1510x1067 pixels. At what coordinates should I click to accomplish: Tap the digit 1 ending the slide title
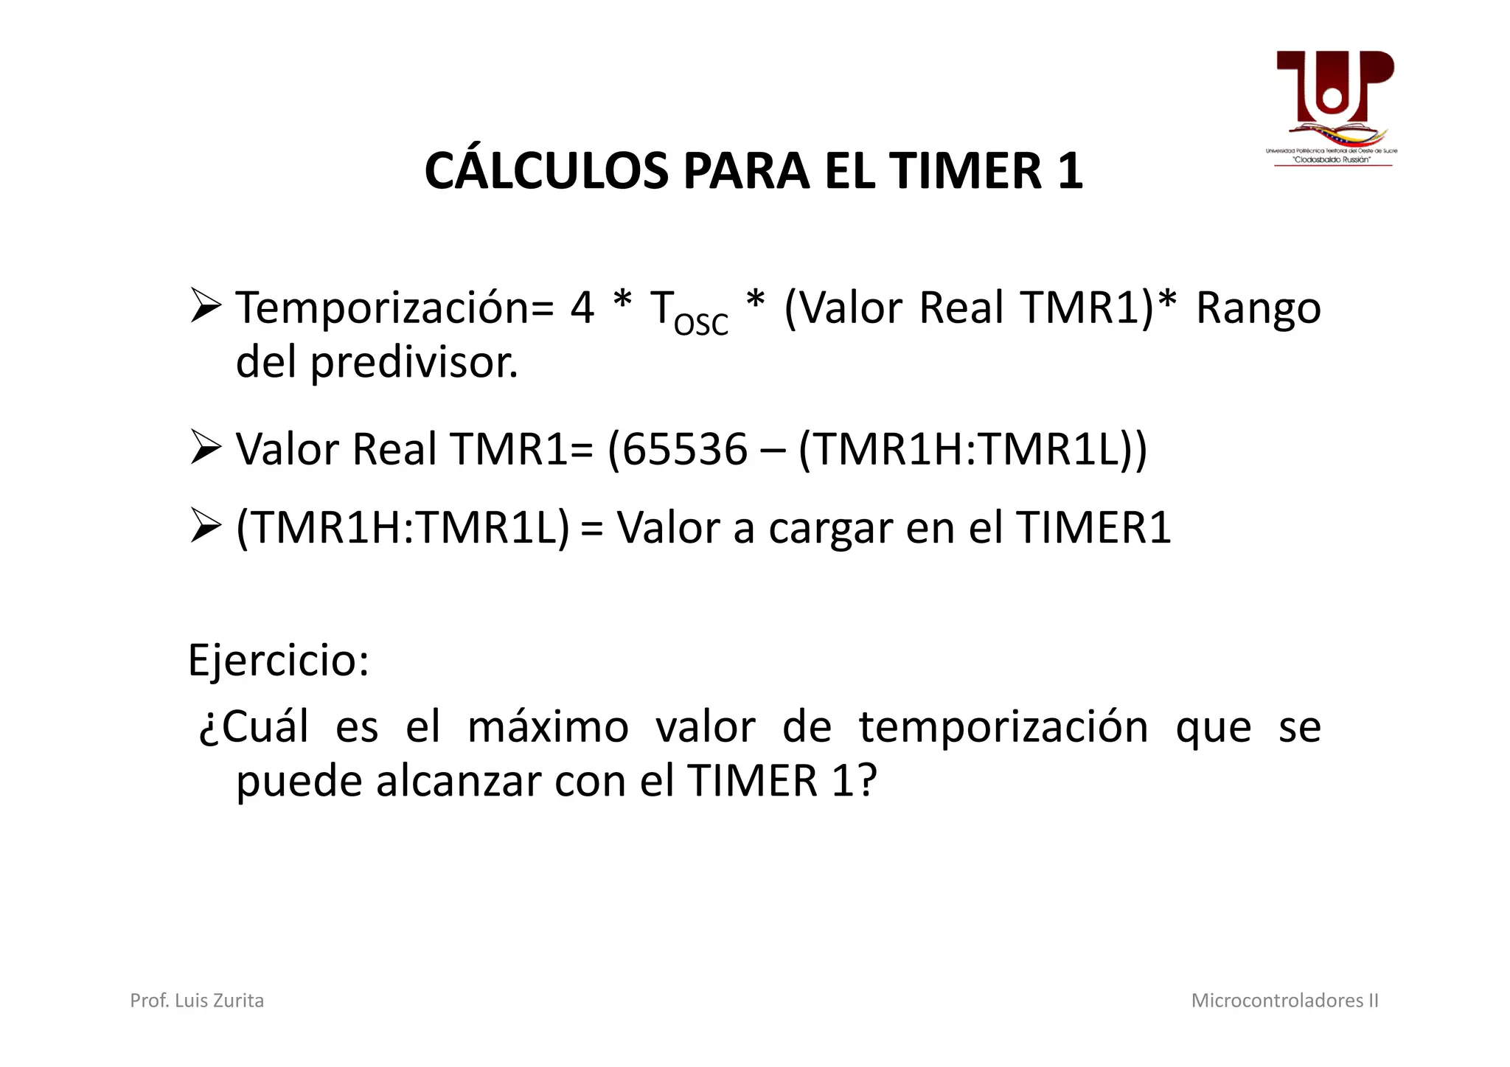tap(1069, 171)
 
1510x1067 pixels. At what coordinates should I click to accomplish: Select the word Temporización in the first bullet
tap(394, 308)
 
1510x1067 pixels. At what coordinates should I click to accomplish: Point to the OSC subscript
tap(700, 324)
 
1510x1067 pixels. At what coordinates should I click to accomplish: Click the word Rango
tap(1258, 308)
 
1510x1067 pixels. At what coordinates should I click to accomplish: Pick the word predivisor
tap(414, 363)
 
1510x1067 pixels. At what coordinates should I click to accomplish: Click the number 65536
tap(685, 449)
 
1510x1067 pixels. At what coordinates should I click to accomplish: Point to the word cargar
tap(830, 529)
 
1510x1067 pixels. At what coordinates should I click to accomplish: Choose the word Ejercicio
tap(278, 660)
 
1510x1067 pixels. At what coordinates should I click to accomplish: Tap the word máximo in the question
tap(548, 727)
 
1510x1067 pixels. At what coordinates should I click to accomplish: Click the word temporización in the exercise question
tap(1003, 727)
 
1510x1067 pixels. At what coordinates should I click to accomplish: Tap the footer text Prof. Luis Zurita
tap(197, 1001)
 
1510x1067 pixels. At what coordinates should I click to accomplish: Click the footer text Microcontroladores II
tap(1284, 1001)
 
